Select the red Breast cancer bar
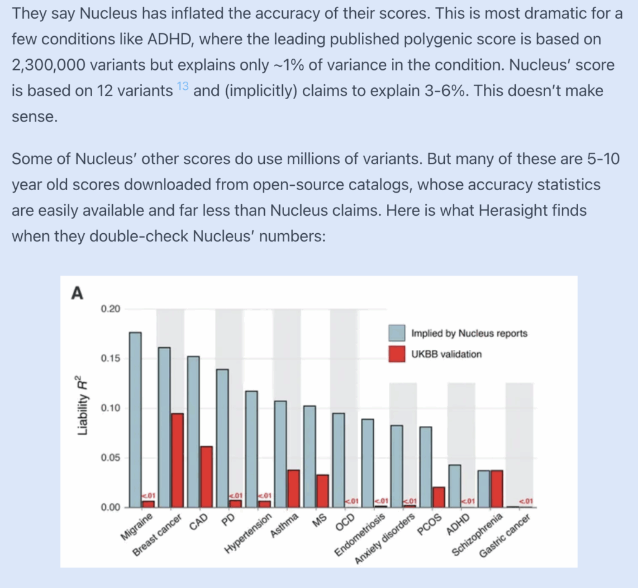(178, 460)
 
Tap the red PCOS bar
(439, 497)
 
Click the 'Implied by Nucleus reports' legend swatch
(397, 333)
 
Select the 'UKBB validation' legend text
(446, 354)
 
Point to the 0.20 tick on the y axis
(113, 309)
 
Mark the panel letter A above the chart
(77, 292)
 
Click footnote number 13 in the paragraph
(183, 87)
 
